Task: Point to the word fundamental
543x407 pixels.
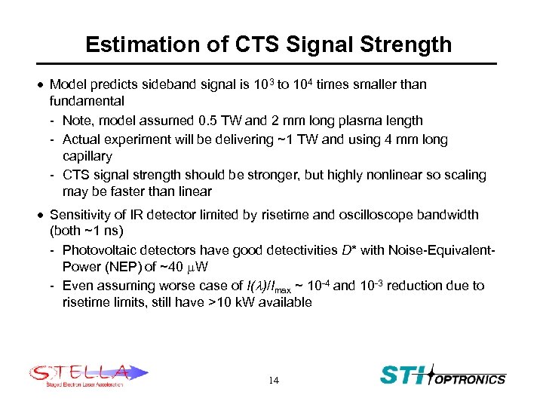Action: tap(87, 101)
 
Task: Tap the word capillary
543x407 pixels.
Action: tap(87, 157)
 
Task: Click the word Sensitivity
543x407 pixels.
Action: tap(79, 215)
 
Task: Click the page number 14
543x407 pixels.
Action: tap(273, 381)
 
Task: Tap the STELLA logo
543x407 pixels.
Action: tap(88, 375)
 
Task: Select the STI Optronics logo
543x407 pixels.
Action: tap(443, 375)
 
